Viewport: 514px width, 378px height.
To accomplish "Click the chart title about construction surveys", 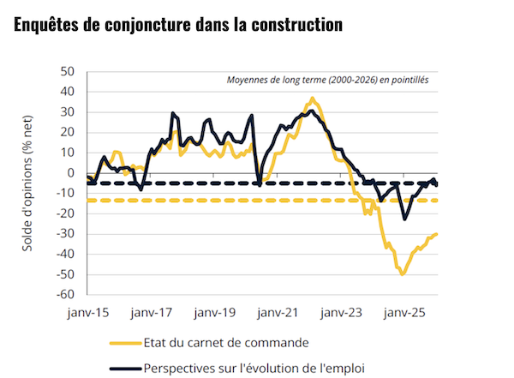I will coord(178,25).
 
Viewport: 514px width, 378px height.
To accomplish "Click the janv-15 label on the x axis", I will coord(88,314).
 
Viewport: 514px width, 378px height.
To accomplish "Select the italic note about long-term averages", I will coord(327,81).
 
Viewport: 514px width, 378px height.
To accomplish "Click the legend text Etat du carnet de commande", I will coord(226,343).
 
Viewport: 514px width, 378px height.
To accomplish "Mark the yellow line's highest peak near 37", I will coord(313,99).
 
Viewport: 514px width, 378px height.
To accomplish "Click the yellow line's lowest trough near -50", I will coord(402,273).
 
